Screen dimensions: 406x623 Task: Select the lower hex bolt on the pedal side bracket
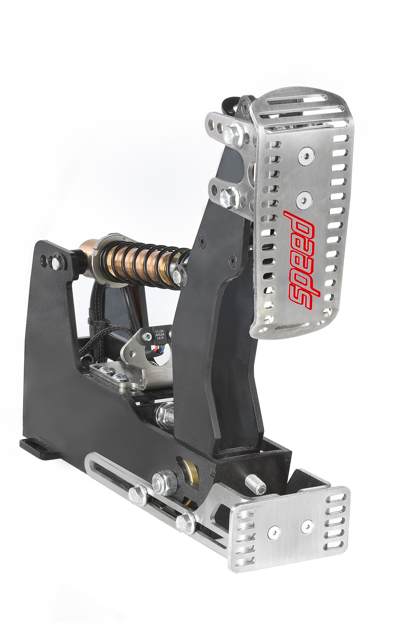click(x=228, y=197)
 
